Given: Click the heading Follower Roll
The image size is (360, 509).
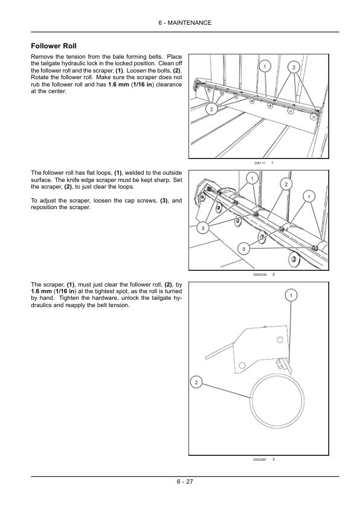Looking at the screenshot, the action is tap(54, 46).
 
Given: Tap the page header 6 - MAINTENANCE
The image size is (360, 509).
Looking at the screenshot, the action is tap(185, 23).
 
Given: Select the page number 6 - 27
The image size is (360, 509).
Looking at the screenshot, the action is tap(185, 481).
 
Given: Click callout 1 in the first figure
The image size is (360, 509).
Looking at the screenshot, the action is tap(265, 66).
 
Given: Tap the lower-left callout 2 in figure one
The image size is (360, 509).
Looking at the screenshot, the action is tap(211, 109).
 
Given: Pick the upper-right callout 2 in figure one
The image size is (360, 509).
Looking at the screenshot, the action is tap(294, 68).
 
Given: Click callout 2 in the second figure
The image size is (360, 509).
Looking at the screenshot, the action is tap(286, 184).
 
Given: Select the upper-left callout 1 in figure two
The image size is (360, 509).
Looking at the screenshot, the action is tap(252, 178).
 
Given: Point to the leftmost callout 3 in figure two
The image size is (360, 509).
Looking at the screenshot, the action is tap(203, 229).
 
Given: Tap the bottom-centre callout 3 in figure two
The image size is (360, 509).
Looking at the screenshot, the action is tap(244, 249).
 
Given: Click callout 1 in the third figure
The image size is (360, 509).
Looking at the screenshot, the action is tap(291, 296).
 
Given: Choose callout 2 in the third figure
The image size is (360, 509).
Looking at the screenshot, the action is tap(196, 383).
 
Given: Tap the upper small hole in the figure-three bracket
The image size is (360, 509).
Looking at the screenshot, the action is tap(280, 340).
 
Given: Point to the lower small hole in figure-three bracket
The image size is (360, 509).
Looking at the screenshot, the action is tap(242, 365).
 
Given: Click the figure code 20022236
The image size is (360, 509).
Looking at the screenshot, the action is tap(260, 274).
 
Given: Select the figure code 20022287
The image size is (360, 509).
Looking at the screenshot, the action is tap(260, 459).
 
